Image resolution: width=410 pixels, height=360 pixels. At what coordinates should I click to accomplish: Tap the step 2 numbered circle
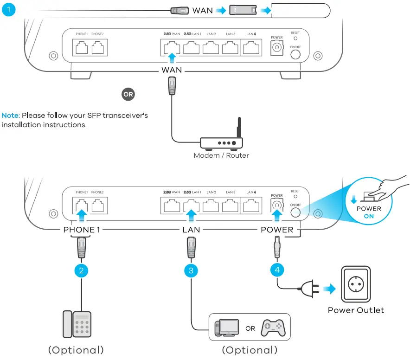81,270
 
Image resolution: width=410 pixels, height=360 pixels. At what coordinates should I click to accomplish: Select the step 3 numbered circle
191,270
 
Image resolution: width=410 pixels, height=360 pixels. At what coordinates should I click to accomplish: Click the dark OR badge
128,94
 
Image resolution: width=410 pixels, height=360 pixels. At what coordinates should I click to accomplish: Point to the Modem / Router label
221,155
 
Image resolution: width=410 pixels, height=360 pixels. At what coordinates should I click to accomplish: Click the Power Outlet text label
356,310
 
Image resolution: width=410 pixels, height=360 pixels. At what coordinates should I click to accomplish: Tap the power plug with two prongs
309,290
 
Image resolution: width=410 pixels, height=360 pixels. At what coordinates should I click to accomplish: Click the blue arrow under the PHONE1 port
82,215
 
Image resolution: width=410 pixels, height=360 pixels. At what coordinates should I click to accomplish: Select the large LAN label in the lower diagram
191,230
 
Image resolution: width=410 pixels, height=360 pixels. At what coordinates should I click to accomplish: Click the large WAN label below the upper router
172,70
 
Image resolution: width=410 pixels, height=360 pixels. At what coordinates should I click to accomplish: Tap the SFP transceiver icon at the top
242,10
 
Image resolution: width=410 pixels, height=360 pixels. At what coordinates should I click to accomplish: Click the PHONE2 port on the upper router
98,48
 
